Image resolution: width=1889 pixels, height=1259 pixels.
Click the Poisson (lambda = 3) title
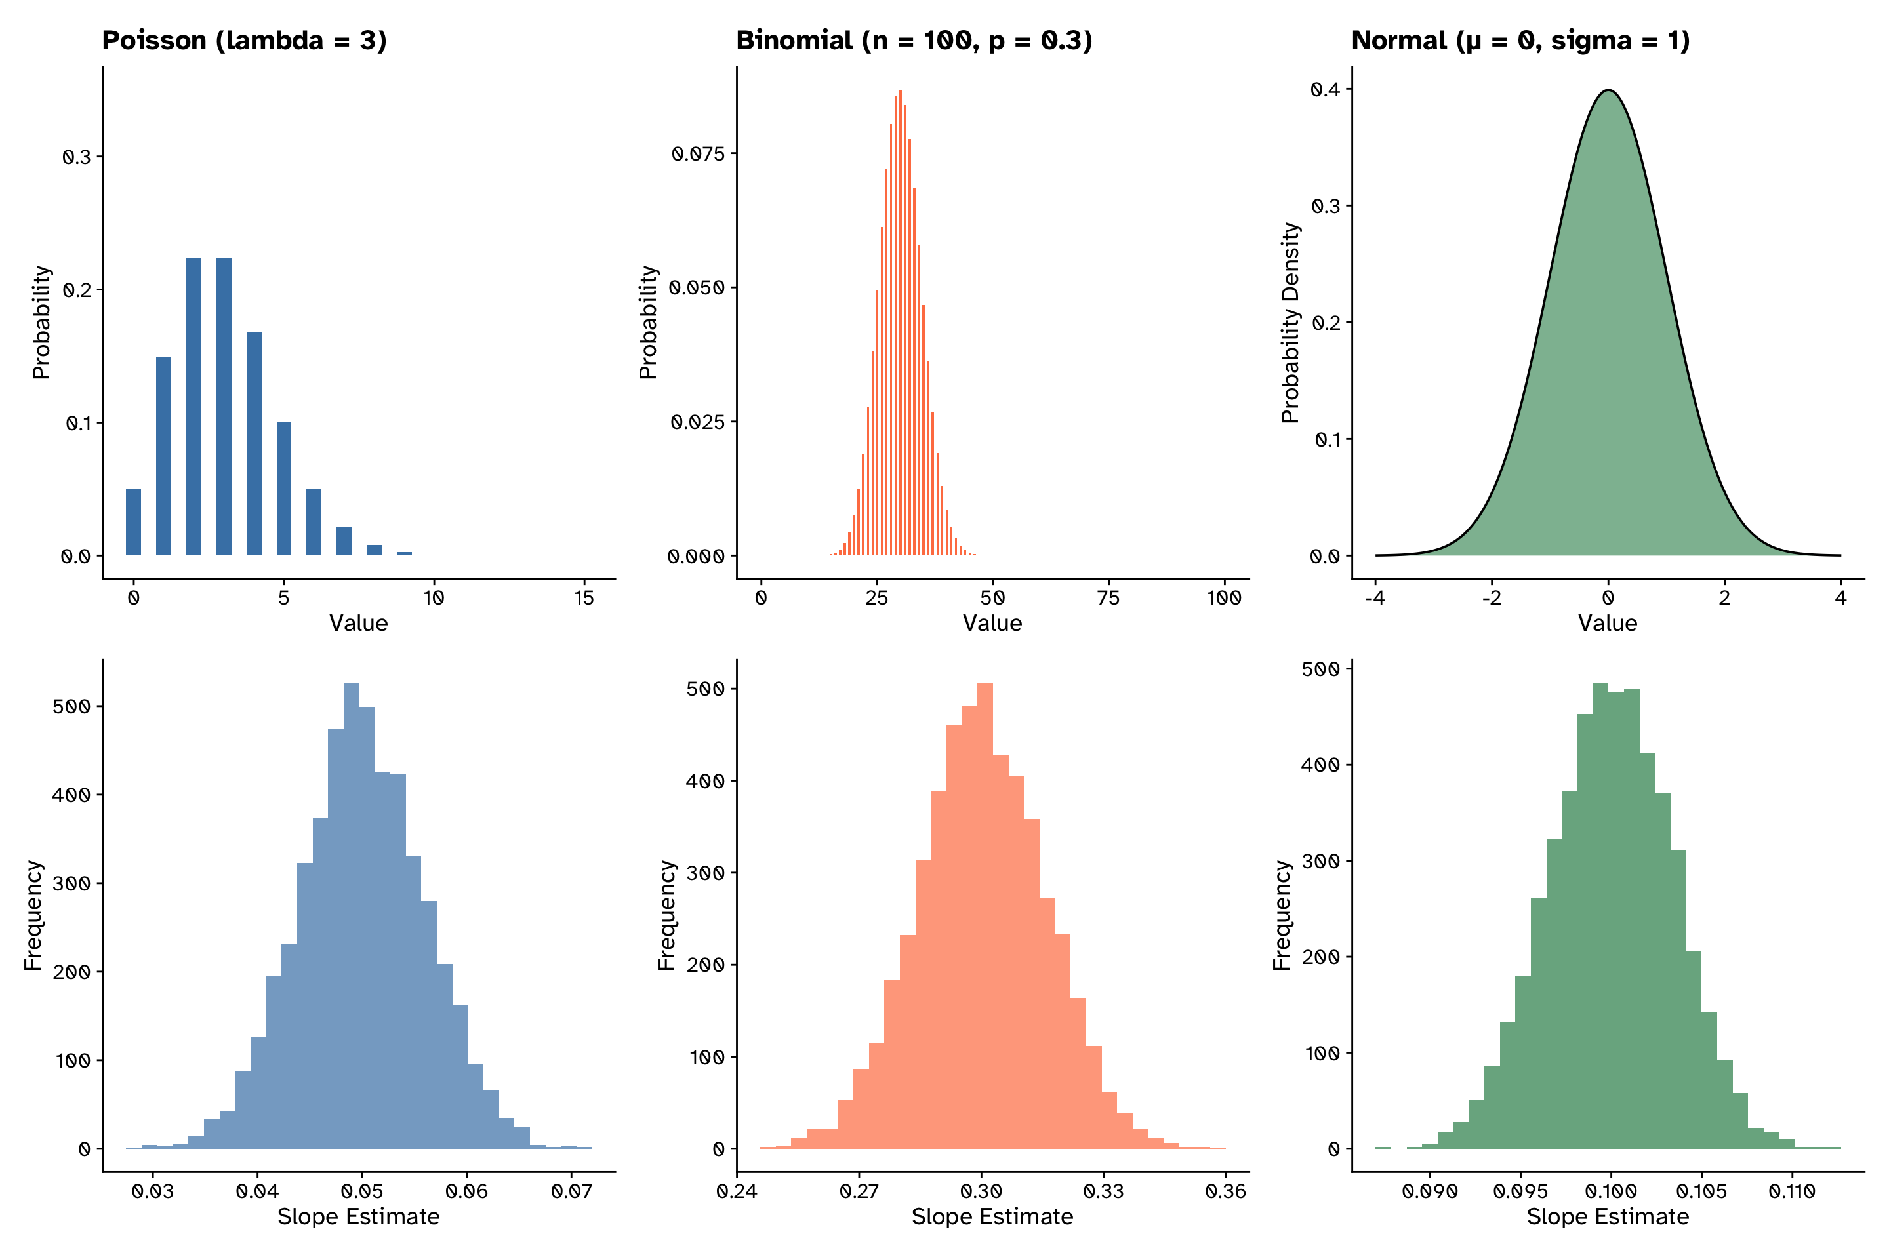244,40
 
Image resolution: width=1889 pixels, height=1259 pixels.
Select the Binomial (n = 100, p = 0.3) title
914,40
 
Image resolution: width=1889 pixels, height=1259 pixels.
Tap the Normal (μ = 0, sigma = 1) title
1520,40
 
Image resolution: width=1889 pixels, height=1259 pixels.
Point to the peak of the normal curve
1608,90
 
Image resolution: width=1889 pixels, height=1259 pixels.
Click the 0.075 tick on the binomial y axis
699,153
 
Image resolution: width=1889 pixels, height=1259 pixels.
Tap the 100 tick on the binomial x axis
1224,597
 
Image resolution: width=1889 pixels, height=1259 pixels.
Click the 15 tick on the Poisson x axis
584,597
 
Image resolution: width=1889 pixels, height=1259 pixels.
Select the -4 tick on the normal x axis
1375,597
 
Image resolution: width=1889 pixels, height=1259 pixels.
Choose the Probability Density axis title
1290,323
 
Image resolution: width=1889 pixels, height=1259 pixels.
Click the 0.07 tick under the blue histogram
571,1191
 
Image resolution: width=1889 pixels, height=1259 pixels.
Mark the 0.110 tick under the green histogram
1792,1191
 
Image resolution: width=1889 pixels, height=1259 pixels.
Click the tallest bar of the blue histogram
352,915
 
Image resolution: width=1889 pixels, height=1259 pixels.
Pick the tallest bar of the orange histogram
985,915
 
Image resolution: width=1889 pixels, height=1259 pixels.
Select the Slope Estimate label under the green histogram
1608,1216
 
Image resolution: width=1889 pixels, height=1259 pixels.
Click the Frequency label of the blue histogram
33,915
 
